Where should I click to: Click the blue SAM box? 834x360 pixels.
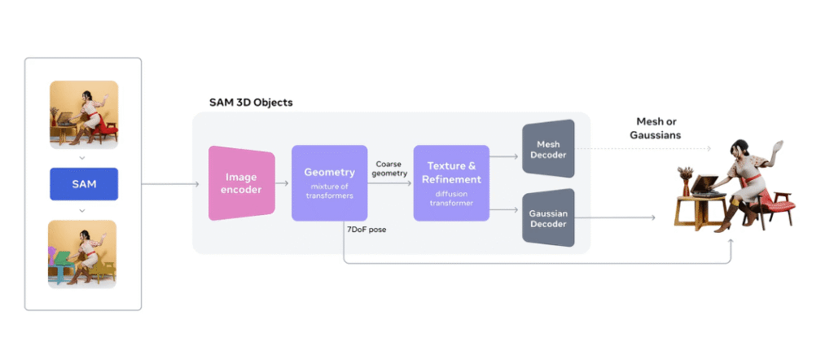[83, 184]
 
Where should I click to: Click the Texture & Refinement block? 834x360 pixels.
[450, 183]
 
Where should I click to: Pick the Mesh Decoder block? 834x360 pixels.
[548, 148]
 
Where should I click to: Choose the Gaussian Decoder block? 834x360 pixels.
[548, 217]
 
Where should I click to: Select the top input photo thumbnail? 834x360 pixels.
[83, 114]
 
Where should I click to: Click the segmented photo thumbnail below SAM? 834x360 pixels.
[83, 253]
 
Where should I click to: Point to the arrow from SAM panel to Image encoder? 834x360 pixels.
[171, 184]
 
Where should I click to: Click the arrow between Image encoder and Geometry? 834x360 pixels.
[279, 184]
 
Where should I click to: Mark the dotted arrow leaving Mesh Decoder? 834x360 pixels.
[643, 148]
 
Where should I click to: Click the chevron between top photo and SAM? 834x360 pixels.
[83, 156]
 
